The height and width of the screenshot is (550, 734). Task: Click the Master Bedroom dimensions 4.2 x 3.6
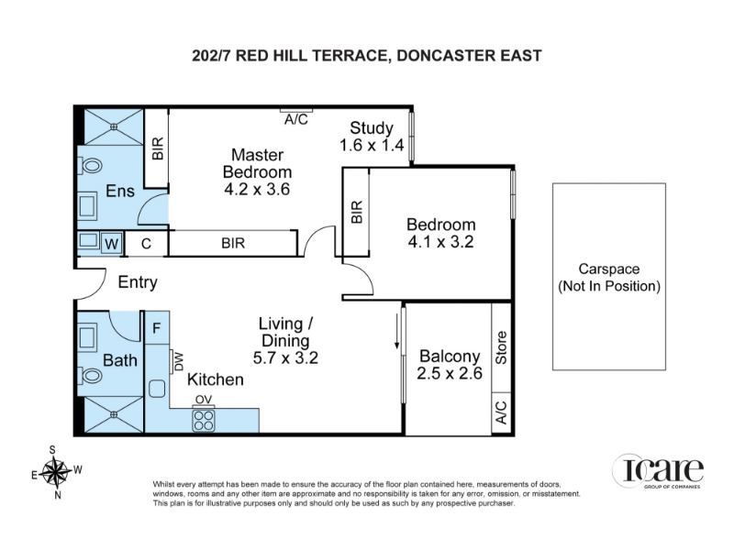point(257,190)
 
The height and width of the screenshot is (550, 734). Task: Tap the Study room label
point(372,127)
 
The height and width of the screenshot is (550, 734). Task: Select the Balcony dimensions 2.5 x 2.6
point(450,373)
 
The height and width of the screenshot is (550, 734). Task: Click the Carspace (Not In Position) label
point(609,278)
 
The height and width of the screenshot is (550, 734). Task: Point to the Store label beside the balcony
point(501,347)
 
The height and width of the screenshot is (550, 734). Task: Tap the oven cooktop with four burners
point(204,420)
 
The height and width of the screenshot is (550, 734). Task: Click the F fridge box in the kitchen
point(157,327)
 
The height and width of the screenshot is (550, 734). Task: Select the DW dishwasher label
point(179,361)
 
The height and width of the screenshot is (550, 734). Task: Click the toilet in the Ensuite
point(91,166)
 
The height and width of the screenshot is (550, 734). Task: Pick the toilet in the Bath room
point(91,375)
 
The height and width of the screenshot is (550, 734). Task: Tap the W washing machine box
point(111,243)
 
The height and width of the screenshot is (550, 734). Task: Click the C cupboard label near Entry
point(146,244)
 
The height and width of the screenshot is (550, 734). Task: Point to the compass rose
point(56,472)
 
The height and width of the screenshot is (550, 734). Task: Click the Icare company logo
point(658,471)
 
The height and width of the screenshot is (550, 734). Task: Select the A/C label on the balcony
point(501,412)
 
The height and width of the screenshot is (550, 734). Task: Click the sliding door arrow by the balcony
point(397,331)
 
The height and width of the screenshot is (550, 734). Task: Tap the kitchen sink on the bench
point(157,388)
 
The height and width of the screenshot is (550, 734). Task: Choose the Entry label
point(138,282)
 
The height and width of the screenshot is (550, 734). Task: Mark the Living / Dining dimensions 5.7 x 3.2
point(285,357)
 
